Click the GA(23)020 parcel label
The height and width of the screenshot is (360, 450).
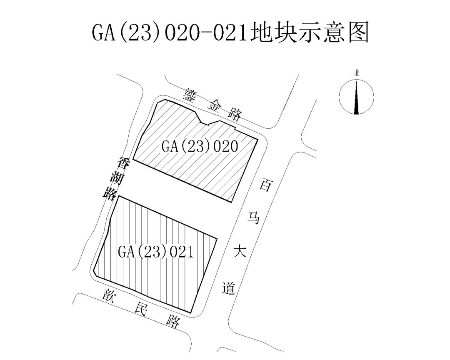point(200,146)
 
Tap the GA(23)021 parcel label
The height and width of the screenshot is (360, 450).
point(156,252)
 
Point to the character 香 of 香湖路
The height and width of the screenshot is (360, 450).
point(124,164)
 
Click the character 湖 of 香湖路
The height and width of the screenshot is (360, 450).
point(117,180)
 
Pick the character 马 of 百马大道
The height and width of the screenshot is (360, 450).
point(254,218)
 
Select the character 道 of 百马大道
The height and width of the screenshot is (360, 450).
point(229,288)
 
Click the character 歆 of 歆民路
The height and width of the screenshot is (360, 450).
point(110,295)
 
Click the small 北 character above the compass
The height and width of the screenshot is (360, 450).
point(357,73)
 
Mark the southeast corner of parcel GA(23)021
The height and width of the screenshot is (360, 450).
point(191,312)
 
